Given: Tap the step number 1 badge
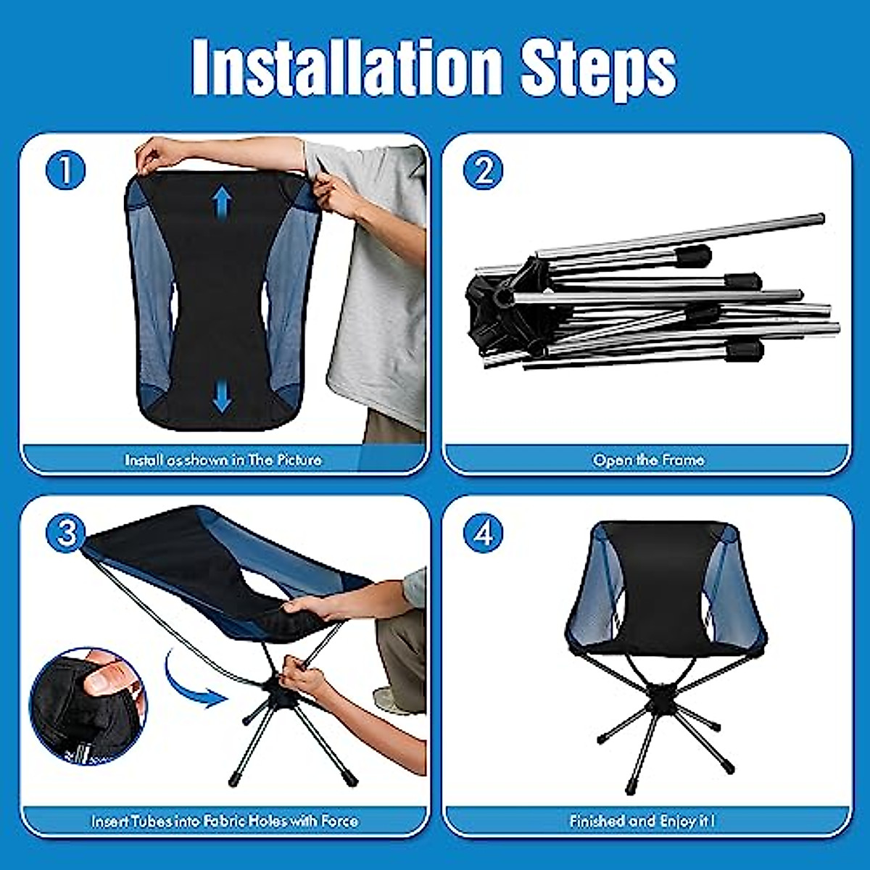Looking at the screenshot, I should pyautogui.click(x=65, y=171).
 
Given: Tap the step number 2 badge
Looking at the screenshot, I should pyautogui.click(x=484, y=171).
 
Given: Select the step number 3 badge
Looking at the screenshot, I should pyautogui.click(x=66, y=534).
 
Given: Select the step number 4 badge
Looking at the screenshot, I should pyautogui.click(x=484, y=534).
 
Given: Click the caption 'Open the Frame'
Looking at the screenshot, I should pyautogui.click(x=648, y=460).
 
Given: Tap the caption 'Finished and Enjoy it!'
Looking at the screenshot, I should pyautogui.click(x=642, y=821).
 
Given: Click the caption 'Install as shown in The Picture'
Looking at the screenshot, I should pyautogui.click(x=223, y=460).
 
